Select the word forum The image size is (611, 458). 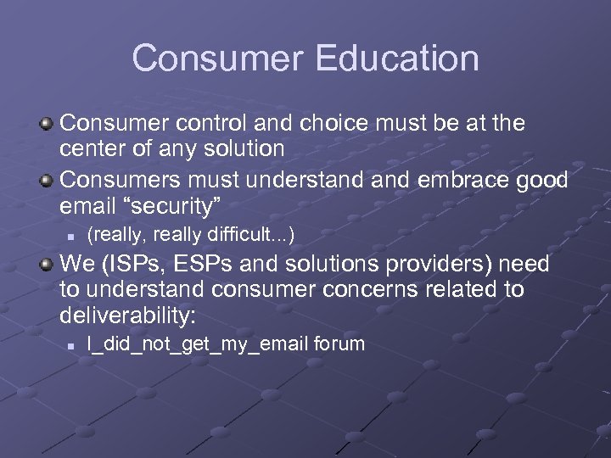tap(339, 343)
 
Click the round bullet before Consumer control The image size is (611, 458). tap(48, 124)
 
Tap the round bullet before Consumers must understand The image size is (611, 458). tap(48, 180)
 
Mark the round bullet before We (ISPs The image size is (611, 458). tap(48, 265)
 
